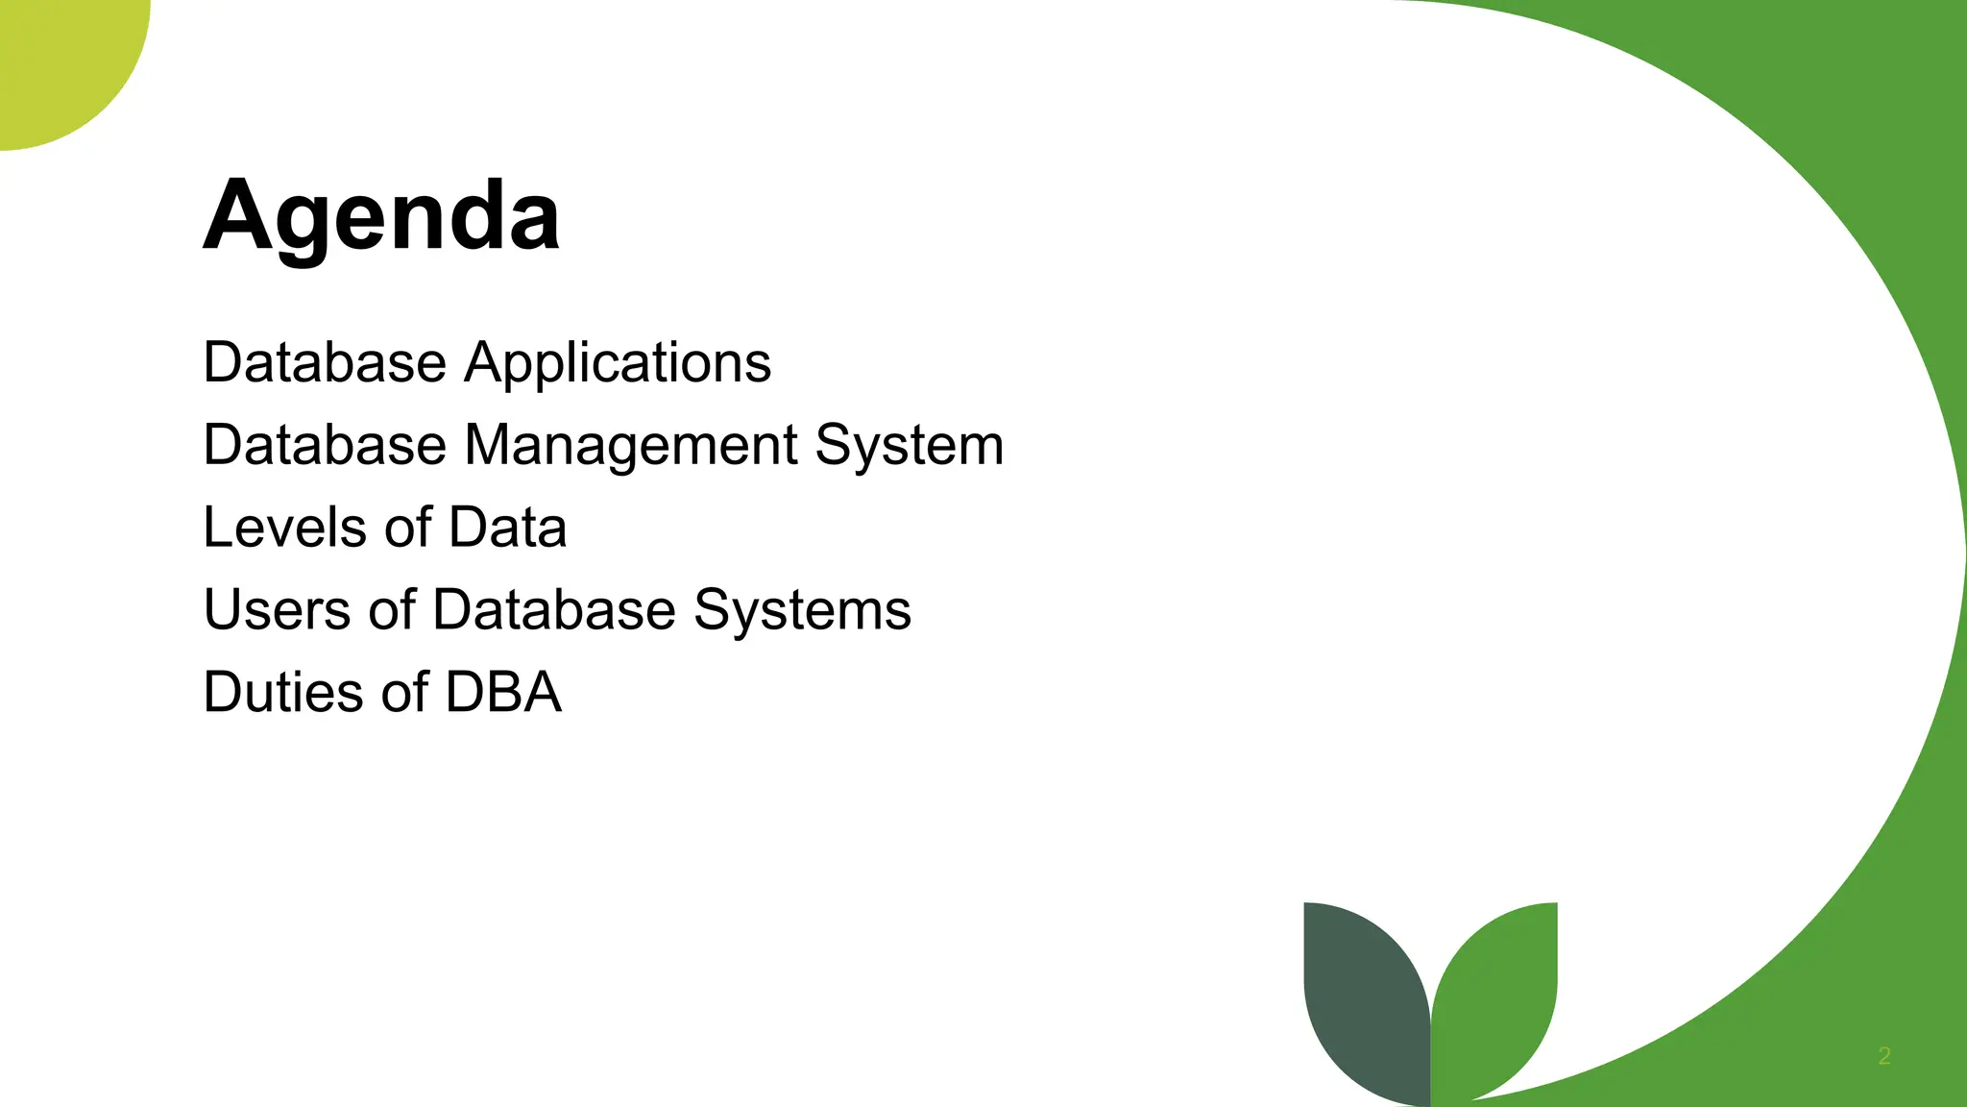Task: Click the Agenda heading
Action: (381, 216)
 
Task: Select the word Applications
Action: (618, 363)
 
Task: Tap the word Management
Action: (631, 446)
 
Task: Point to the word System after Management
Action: (909, 446)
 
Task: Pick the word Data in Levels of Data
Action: (507, 528)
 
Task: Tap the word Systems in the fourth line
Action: (802, 610)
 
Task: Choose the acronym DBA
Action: (503, 693)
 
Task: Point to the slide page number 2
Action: (1883, 1056)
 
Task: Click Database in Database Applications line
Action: (325, 363)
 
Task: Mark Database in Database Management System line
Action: (325, 446)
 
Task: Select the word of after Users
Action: (392, 610)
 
